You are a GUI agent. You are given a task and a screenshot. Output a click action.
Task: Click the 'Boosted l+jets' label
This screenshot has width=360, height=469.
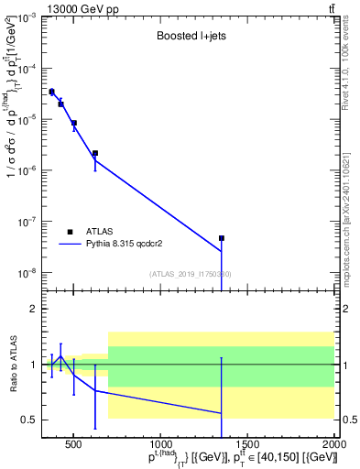[x=188, y=37]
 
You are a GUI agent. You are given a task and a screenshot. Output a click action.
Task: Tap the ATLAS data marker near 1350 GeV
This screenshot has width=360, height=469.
[x=222, y=238]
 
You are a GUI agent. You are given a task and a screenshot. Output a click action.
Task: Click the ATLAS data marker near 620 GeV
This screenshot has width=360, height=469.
[x=95, y=153]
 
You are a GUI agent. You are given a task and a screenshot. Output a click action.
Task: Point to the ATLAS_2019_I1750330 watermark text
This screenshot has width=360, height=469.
[x=189, y=274]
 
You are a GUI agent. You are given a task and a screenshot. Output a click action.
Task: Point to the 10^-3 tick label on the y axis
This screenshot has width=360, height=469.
[x=27, y=17]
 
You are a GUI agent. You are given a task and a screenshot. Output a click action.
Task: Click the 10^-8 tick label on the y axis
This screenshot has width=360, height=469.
[x=27, y=272]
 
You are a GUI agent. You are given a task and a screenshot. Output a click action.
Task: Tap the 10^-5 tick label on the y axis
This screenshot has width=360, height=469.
[x=27, y=119]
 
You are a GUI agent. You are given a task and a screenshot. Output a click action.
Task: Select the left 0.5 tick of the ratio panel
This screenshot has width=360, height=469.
[x=31, y=420]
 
